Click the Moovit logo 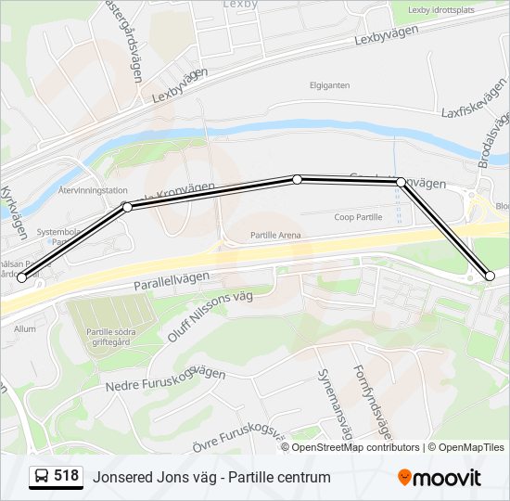440,478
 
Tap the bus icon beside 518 42,477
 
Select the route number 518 66,476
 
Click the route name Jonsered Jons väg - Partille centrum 211,477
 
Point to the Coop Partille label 358,217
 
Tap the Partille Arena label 275,236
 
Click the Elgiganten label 330,85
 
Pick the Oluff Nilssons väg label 210,316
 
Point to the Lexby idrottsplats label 442,10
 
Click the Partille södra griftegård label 113,337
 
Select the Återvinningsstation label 93,190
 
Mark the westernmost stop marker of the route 22,277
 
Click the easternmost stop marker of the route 491,276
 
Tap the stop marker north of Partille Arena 298,179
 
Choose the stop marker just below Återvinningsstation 127,207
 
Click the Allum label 24,328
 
